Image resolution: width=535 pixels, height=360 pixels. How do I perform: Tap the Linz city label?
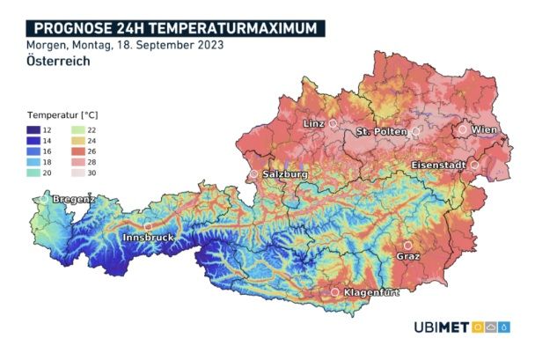click(314, 124)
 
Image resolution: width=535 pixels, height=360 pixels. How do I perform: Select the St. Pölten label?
click(382, 132)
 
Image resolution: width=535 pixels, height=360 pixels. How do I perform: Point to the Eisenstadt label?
click(439, 165)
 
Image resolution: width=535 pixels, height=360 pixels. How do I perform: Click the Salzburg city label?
click(284, 175)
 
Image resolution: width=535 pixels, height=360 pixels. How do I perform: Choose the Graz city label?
click(407, 256)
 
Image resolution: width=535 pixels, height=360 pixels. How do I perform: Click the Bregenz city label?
click(74, 201)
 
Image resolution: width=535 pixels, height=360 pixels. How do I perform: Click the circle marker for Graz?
click(407, 245)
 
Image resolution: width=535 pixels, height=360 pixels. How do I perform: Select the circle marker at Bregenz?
click(44, 200)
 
